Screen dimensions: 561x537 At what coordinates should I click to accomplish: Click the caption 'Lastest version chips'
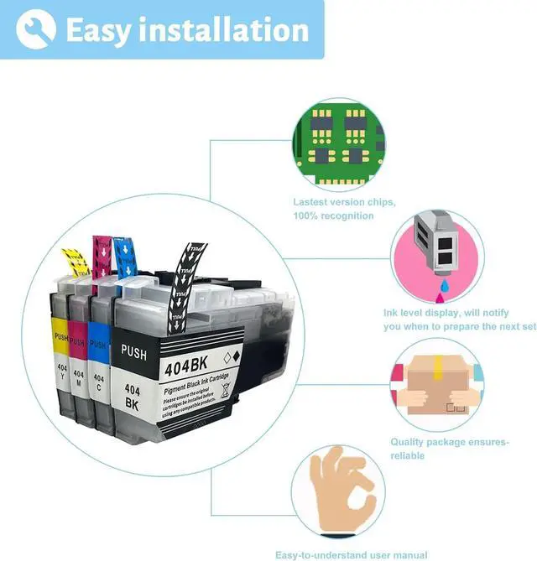(344, 202)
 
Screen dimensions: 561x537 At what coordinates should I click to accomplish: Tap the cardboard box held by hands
(437, 385)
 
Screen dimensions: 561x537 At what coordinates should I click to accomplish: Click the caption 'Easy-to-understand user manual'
(351, 554)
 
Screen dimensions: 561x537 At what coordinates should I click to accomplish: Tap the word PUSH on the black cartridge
(134, 351)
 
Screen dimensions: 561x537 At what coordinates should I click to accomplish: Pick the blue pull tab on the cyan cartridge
(125, 257)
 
